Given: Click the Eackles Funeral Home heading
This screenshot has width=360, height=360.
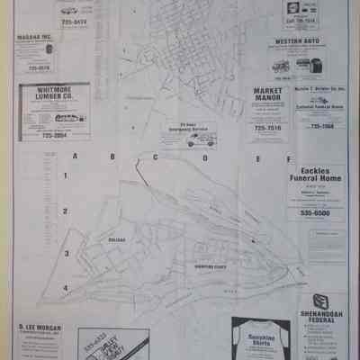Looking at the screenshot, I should [x=318, y=175].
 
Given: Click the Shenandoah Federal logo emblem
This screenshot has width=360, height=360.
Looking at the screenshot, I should [x=319, y=300].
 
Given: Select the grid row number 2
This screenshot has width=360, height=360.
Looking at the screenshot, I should [x=65, y=211].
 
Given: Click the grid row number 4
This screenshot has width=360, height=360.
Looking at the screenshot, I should [x=65, y=287].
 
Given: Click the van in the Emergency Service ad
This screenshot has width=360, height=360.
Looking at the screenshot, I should [x=196, y=140].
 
